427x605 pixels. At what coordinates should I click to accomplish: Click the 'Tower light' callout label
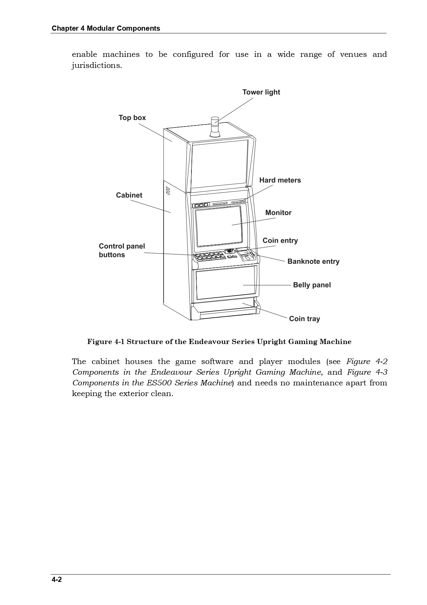coord(261,92)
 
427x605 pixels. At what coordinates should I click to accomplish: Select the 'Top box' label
coord(132,118)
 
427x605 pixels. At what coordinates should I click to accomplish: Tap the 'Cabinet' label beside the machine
coord(129,195)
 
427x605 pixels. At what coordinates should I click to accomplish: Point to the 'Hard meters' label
coord(280,180)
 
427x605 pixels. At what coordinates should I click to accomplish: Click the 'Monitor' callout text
coord(278,213)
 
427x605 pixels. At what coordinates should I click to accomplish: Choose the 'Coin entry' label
coord(280,241)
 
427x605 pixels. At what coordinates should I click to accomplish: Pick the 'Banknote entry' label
coord(313,261)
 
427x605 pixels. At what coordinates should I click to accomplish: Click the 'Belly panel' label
coord(312,285)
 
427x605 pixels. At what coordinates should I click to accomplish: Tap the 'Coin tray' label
coord(304,319)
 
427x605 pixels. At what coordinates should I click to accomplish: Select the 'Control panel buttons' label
coord(122,250)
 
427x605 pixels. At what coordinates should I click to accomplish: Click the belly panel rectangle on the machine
coord(226,282)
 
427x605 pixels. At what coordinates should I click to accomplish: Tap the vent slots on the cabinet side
coord(168,191)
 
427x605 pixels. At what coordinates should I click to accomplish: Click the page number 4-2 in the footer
coord(57,579)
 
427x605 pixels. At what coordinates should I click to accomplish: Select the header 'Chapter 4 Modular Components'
coord(106,28)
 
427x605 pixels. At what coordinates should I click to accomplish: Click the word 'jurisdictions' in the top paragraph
coord(96,65)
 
